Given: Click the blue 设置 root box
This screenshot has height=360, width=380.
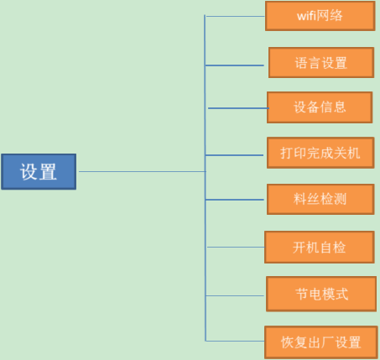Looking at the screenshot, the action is pos(39,171).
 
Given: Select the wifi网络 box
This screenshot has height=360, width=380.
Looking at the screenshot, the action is pos(320,16).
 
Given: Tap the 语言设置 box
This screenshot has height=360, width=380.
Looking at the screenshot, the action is pos(321,62).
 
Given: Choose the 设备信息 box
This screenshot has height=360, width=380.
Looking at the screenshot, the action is pos(320,107).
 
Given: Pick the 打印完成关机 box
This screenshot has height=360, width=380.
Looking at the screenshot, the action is pos(320,153).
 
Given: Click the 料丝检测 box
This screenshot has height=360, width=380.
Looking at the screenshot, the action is pos(320,199).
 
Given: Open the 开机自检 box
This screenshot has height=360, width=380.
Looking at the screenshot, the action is pos(320,247).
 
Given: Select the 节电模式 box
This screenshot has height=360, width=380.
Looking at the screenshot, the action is pos(321,294).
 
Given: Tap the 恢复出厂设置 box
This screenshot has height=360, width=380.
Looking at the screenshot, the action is pos(321,342).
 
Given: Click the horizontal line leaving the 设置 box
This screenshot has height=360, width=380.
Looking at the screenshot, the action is pos(143,171).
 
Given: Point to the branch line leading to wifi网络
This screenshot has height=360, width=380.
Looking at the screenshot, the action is pos(235,16).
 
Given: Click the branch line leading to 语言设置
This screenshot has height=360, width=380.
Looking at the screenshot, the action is pos(234,65).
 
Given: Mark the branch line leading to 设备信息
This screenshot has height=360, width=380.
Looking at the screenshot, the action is pos(238,108).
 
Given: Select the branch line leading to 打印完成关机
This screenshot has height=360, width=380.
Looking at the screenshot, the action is pos(234,155).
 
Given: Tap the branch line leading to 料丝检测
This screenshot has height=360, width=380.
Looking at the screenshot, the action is pos(235,200).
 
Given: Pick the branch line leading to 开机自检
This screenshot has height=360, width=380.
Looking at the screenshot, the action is pos(236,247).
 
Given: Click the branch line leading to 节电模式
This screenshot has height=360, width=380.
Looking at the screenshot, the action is pos(235,295).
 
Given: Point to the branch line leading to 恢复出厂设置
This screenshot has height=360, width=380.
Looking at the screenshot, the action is pos(235,341).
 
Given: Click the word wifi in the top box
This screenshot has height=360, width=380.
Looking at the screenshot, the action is pos(307,16).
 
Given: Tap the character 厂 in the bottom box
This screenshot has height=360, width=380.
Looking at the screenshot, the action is pos(328,342).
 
